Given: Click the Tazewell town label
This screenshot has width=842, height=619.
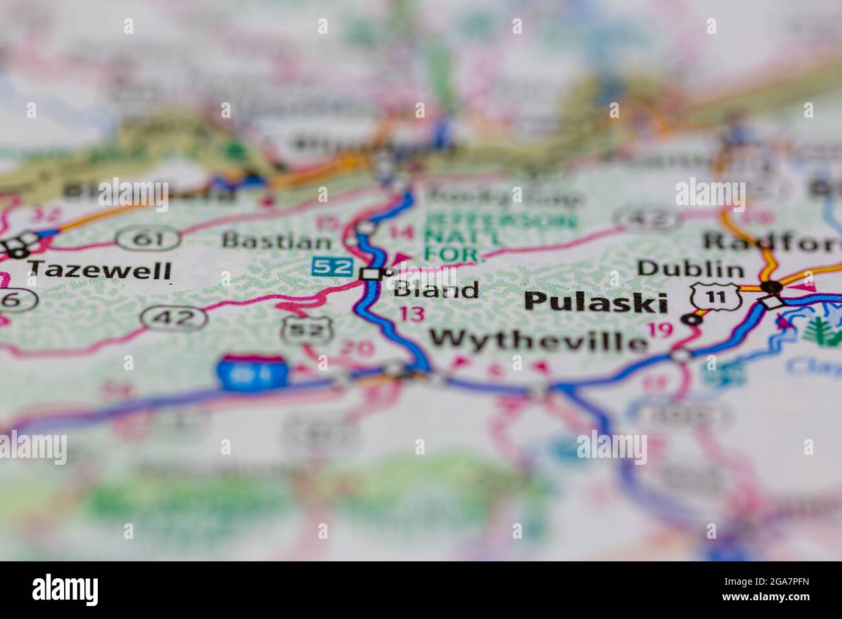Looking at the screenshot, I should [99, 269].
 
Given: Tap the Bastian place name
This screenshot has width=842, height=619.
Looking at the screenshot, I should [276, 242].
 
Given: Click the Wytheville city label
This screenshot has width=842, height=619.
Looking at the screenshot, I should [539, 339].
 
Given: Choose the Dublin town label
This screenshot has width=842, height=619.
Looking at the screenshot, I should [690, 269].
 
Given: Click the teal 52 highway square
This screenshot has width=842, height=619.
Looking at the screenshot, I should [332, 266].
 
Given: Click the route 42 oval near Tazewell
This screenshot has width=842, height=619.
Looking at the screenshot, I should [174, 317].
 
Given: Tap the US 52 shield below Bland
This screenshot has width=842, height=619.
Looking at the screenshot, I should [302, 330].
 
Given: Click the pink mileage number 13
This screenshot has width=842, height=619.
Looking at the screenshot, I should [413, 315].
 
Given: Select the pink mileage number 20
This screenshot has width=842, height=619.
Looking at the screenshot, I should [356, 349].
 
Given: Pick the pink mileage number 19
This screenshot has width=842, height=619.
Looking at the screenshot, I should [661, 330].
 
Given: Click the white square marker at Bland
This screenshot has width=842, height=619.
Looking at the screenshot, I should [370, 274].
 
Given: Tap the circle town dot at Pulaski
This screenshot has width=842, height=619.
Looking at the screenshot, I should [694, 319].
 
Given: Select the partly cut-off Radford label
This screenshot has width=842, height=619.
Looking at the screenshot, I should [771, 242].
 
